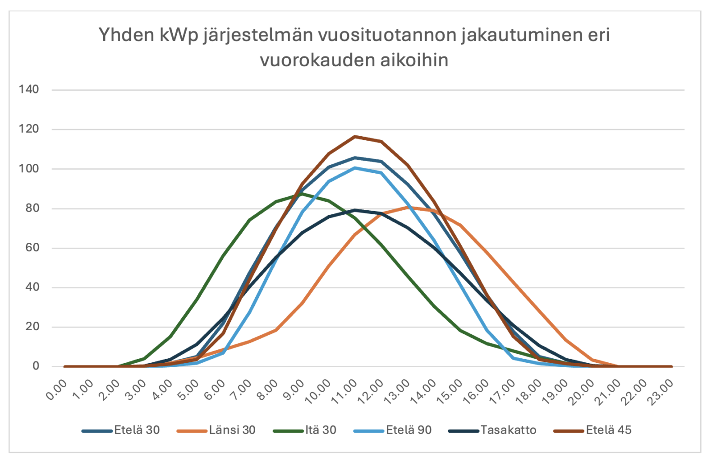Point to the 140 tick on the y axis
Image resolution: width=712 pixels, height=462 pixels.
[x=29, y=89]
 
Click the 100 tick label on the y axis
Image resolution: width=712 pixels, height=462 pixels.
[x=29, y=169]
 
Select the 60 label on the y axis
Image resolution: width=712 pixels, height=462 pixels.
[x=32, y=248]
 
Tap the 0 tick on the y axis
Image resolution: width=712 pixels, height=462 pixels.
[x=36, y=366]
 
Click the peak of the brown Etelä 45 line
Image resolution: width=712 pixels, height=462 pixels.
[x=355, y=136]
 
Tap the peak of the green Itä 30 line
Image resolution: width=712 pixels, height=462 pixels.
[x=302, y=194]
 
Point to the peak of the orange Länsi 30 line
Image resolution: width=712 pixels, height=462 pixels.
[x=408, y=207]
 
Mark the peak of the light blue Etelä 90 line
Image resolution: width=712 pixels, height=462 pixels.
[x=355, y=168]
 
